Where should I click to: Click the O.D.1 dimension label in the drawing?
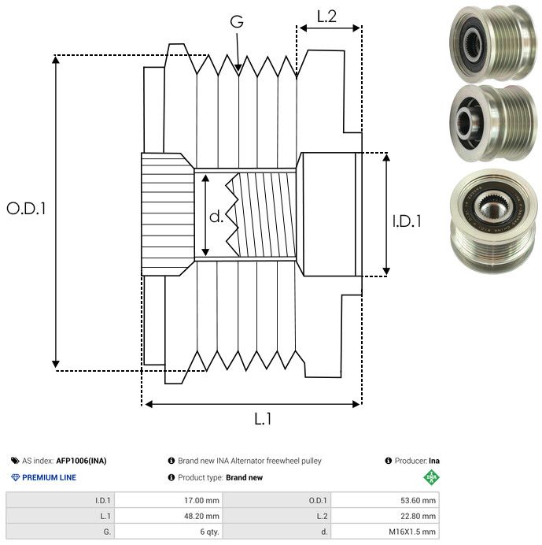point(27,209)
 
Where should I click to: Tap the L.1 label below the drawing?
point(263,419)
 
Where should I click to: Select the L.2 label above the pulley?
point(326,16)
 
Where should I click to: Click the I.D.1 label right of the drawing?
point(407,222)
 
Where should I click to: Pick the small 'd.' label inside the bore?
point(216,217)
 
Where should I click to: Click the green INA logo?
point(431,477)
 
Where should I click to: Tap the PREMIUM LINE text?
point(49,477)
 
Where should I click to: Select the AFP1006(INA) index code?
point(81,461)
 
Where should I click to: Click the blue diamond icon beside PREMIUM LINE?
point(15,477)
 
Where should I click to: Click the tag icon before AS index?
point(15,461)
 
